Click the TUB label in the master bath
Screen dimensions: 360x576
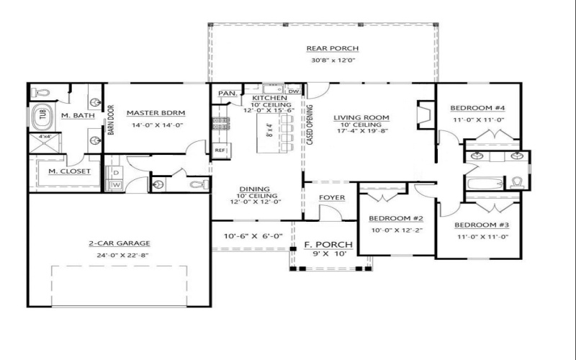pos(42,114)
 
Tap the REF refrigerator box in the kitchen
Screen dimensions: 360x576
pos(220,150)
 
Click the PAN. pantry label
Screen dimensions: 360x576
pos(228,93)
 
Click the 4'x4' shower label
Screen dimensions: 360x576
pos(45,136)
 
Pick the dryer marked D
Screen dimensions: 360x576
pos(114,173)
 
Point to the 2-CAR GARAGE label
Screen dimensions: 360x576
pos(120,243)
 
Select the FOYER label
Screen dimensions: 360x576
pos(333,197)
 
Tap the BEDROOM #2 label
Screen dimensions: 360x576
pos(395,218)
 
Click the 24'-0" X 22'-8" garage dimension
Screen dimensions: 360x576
pos(120,254)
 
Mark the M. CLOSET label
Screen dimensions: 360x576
pos(69,171)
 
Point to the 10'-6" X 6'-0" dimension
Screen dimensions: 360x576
pos(253,236)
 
